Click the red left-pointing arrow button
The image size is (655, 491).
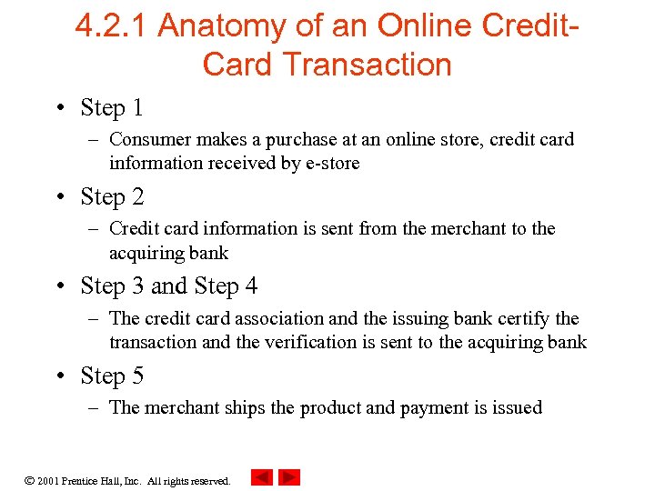click(x=261, y=476)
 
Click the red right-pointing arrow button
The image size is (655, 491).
click(x=289, y=476)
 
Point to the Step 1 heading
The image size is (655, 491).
click(x=112, y=107)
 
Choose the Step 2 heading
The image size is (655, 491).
click(x=112, y=196)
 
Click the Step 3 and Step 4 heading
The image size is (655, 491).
click(x=168, y=286)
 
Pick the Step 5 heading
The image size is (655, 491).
click(x=112, y=375)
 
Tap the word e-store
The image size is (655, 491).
click(x=333, y=163)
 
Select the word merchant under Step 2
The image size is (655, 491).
click(x=443, y=228)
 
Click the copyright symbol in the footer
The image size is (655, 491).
click(x=29, y=479)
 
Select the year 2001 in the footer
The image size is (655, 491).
click(x=49, y=480)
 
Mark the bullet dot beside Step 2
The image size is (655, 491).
click(x=59, y=197)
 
